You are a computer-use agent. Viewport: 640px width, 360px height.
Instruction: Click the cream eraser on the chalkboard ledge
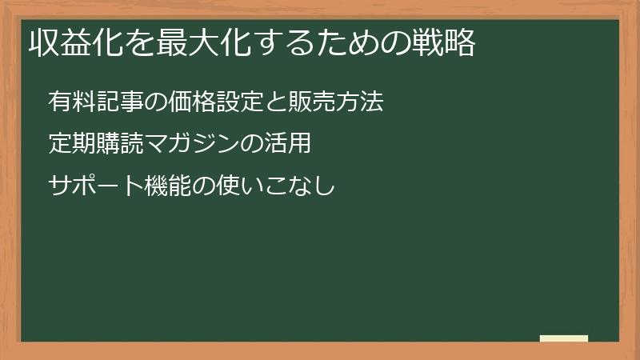tap(563, 338)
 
